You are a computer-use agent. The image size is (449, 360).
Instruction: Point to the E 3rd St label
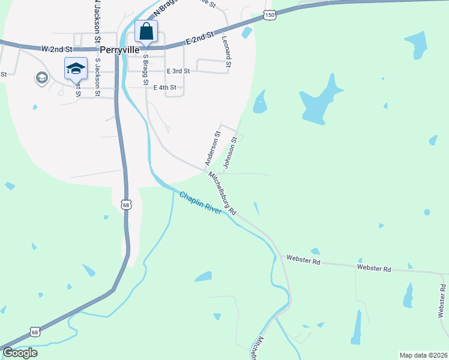[178, 71]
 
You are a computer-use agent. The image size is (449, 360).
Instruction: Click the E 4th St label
[165, 88]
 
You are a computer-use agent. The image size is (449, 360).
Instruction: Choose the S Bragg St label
[145, 70]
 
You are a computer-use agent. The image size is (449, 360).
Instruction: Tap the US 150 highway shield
[270, 15]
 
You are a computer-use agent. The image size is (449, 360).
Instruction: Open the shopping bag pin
[146, 31]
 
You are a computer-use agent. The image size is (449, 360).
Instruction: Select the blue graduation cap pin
[76, 67]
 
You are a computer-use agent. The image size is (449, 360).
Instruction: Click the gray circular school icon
[41, 78]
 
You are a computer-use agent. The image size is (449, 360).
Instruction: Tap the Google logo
[20, 353]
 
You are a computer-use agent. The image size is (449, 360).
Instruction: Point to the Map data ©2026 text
[423, 355]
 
